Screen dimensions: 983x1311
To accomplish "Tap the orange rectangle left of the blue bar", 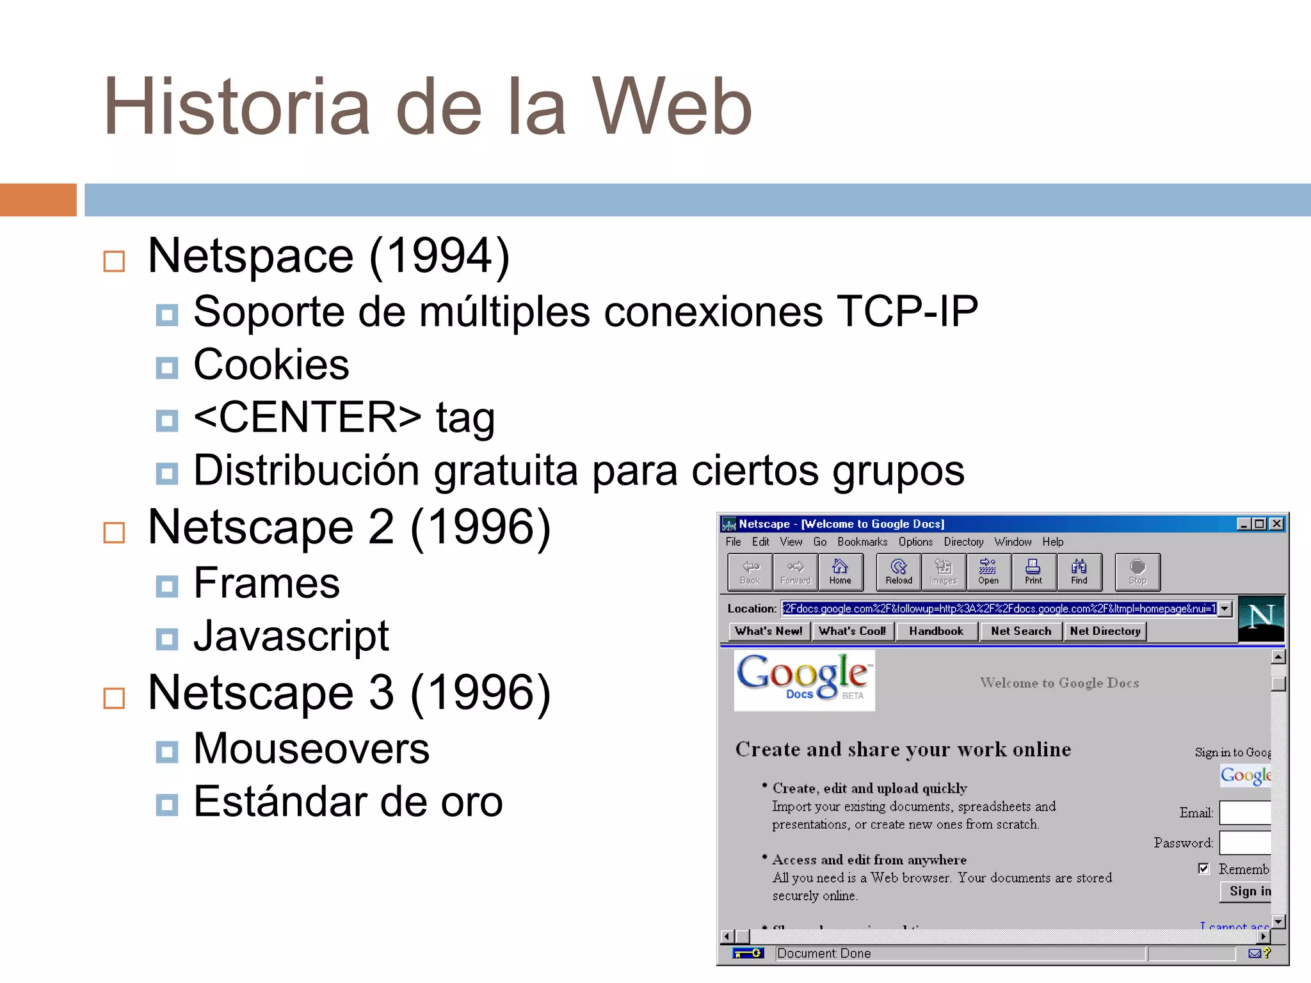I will pos(38,200).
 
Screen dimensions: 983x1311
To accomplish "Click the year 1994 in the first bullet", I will pos(440,256).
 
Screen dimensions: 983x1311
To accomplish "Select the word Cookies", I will pos(271,365).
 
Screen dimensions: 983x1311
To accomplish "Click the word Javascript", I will pos(291,636).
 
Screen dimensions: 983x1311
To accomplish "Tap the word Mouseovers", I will pos(311,749).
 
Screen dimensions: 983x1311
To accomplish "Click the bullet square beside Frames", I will pos(167,586).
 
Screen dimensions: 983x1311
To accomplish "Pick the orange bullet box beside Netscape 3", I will pos(115,698).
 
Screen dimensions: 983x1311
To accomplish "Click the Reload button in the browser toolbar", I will pos(899,571).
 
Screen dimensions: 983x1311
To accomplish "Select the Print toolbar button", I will pos(1033,571).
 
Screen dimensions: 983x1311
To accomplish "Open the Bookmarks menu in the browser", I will pos(862,542).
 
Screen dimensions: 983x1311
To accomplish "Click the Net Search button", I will pos(1021,631).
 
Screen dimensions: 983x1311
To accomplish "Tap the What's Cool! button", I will pos(852,631).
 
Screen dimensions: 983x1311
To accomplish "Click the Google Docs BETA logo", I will pos(804,679).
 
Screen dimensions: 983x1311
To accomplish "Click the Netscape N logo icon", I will pos(1261,618).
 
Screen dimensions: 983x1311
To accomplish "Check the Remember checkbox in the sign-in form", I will pos(1203,868).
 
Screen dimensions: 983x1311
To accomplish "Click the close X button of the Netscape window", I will pos(1276,523).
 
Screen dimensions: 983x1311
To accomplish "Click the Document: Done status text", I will pos(824,954).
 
